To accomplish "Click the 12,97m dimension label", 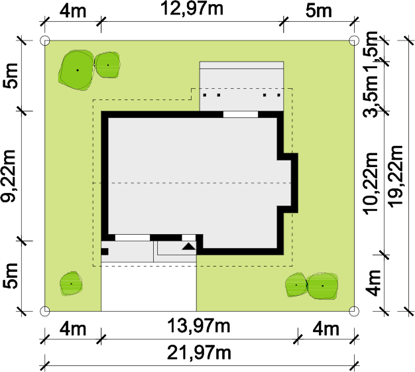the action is tap(192, 9).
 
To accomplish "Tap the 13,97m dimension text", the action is tap(199, 326).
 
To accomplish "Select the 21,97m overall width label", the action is tap(199, 353).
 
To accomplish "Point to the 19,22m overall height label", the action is tap(395, 175).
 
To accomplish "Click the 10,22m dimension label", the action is tap(370, 184).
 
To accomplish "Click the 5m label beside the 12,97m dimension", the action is tap(319, 11).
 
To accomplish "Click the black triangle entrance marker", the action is tap(189, 247).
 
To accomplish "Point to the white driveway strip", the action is tap(148, 287).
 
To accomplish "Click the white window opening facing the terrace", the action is tap(241, 114).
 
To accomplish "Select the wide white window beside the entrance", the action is tap(133, 237).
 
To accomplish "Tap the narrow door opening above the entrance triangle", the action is tap(189, 237).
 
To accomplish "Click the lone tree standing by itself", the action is tap(71, 283).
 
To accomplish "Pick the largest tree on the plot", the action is tap(76, 70).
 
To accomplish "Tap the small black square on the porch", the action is tap(105, 251).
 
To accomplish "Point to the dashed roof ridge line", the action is tap(192, 183).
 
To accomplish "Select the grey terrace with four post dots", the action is tap(241, 86).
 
